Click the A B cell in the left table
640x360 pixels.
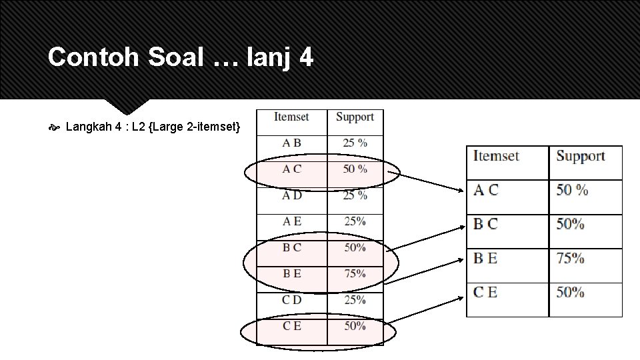291,143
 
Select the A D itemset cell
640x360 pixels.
291,195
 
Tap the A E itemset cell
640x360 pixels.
291,221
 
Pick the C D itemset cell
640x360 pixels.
291,300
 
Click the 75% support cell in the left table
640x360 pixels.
355,273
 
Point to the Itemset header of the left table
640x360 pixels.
291,117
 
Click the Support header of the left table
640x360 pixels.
355,117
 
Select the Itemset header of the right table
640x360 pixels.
496,156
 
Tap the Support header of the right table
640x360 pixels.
581,156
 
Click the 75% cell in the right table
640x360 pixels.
571,258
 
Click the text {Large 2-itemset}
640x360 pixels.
199,126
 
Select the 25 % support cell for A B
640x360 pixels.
355,143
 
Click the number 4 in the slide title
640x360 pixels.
306,57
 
